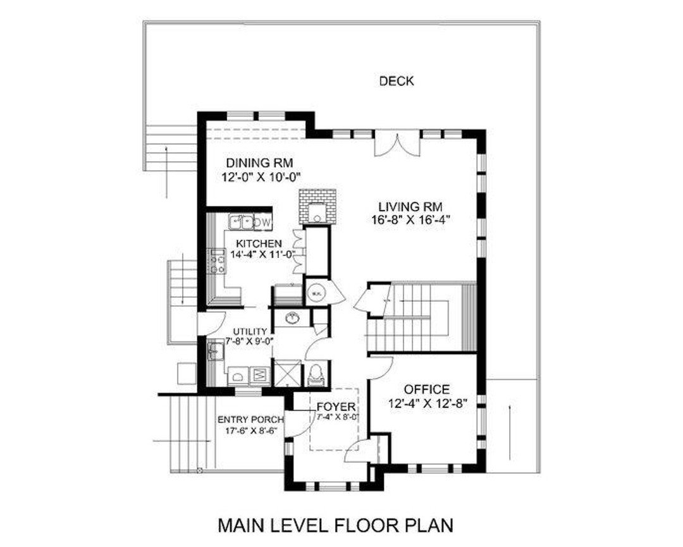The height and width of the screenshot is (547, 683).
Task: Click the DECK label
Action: pos(397,81)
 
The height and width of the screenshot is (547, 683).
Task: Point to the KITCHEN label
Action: pos(259,243)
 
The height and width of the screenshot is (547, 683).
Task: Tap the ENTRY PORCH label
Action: pos(250,419)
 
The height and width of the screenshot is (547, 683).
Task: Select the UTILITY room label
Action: pos(249,331)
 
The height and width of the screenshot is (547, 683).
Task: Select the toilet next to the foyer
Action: pos(316,375)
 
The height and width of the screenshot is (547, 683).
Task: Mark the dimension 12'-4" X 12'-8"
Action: pos(428,403)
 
